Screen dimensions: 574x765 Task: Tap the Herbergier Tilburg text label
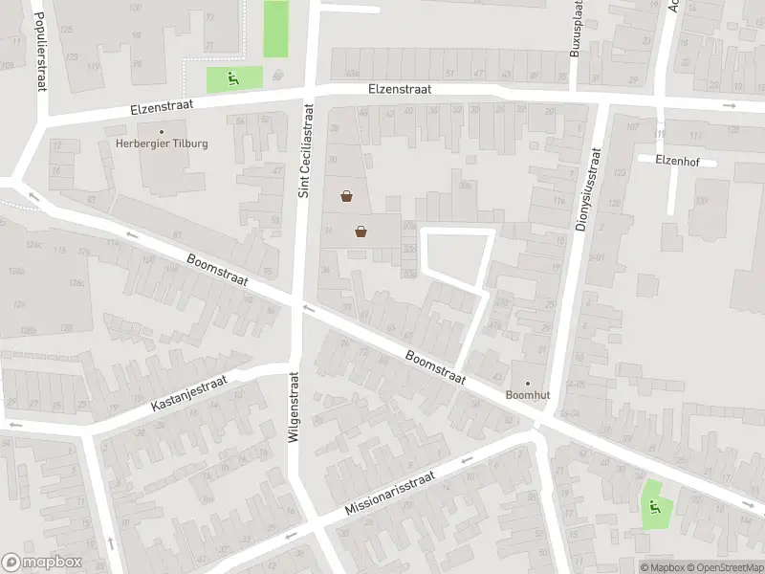tap(162, 143)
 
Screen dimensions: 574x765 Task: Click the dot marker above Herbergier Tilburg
tap(162, 131)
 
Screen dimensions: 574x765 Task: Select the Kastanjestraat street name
tap(187, 393)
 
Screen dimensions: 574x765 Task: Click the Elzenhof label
tap(678, 161)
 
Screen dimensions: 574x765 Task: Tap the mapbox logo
tap(41, 563)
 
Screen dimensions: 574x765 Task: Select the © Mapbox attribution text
tap(660, 566)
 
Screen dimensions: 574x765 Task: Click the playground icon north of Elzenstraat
tap(231, 77)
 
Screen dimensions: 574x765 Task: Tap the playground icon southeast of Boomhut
tap(655, 507)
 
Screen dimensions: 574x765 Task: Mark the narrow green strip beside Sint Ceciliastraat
tap(275, 29)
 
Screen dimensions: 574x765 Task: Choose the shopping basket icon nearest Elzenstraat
tap(345, 197)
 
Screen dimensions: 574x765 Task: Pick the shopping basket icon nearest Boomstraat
tap(361, 231)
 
